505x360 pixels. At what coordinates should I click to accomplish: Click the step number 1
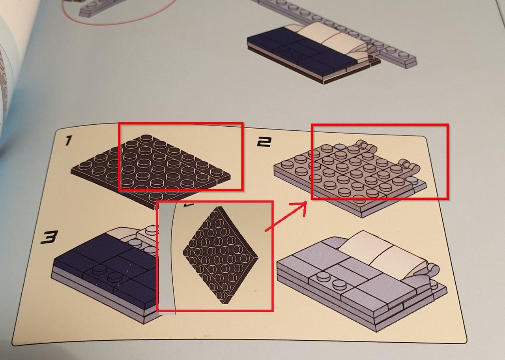(68, 141)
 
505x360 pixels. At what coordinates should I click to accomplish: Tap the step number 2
(264, 142)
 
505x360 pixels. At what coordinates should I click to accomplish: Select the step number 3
(49, 237)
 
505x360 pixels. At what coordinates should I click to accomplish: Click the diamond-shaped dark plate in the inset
(221, 255)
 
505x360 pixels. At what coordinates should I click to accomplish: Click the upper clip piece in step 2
(365, 146)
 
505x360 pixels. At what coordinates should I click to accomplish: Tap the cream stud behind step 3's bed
(151, 230)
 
